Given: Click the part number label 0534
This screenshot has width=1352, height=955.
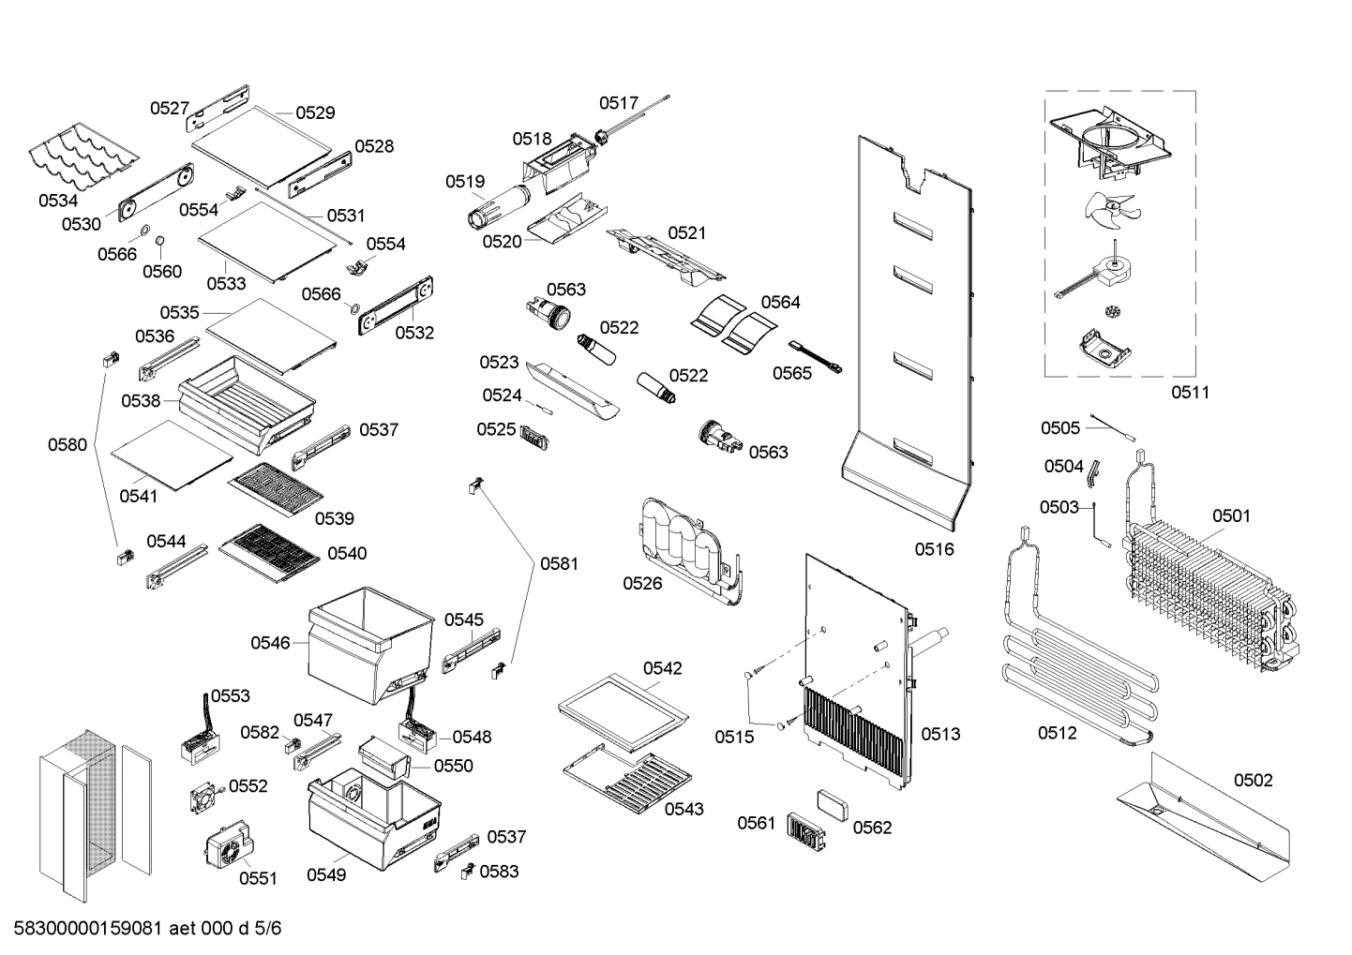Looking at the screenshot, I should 58,201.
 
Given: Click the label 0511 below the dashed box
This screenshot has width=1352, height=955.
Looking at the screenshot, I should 1190,393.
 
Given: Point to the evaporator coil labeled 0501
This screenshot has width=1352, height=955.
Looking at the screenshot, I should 1209,600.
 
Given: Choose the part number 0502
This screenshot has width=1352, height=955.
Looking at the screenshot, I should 1253,781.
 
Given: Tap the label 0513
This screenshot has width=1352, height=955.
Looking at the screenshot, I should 940,734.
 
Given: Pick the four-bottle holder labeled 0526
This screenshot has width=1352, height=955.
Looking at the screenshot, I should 689,553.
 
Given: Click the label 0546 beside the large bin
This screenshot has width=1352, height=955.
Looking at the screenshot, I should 270,643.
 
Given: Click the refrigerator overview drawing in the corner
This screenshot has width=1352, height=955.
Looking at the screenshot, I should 94,811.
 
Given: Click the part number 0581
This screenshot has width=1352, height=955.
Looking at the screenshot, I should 559,564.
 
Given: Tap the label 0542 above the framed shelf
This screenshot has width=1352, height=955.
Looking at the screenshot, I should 662,668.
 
